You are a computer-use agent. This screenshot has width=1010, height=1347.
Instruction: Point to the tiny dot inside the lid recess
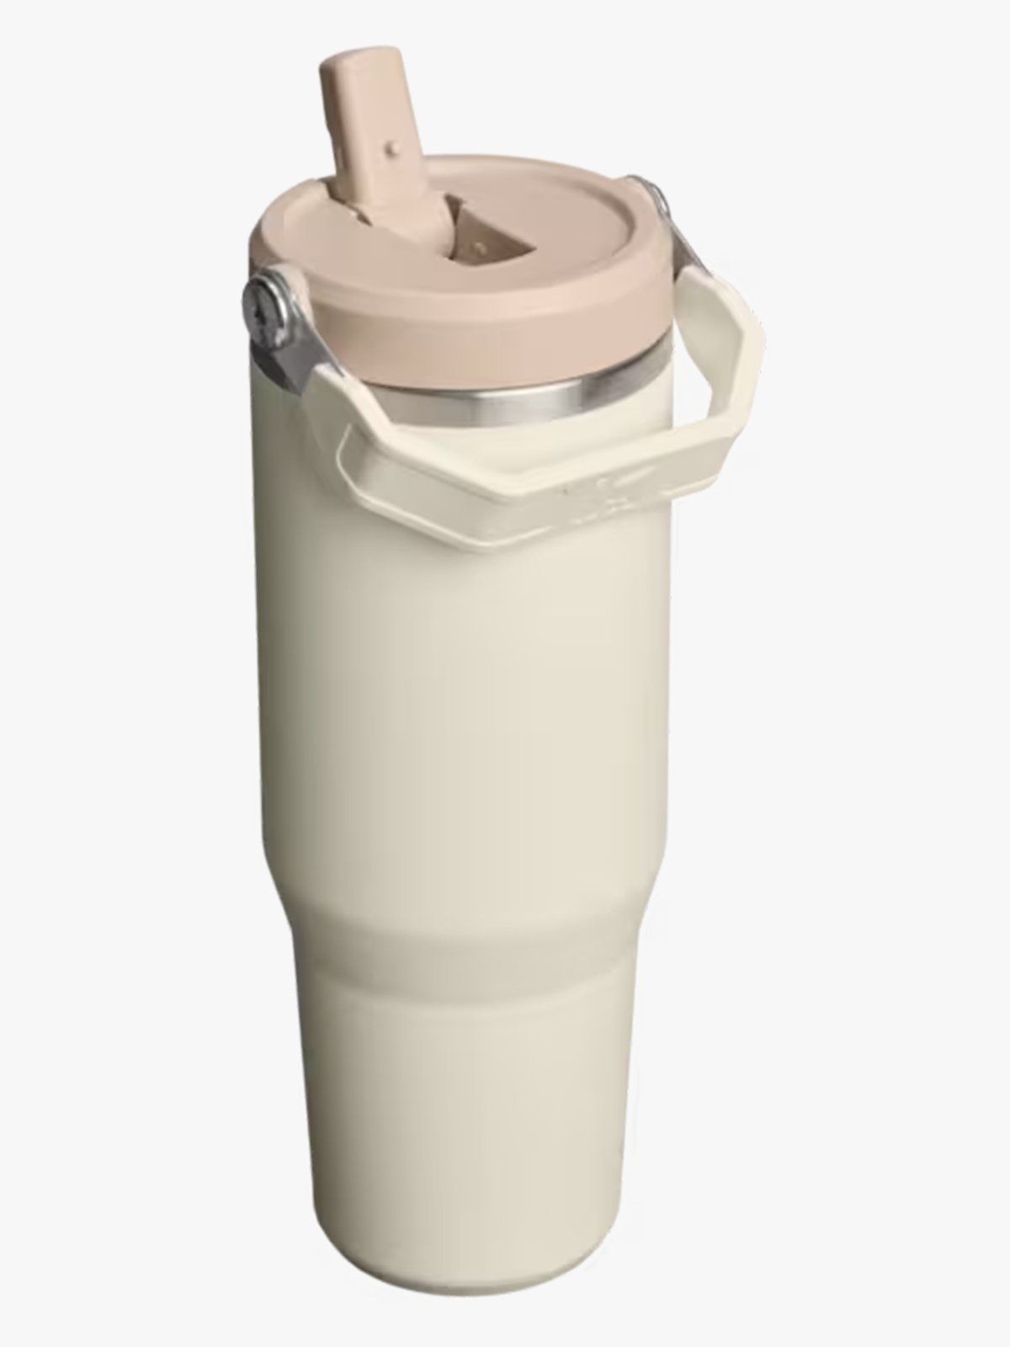pos(481,247)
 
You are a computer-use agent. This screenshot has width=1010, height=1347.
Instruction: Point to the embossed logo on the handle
pos(606,488)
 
